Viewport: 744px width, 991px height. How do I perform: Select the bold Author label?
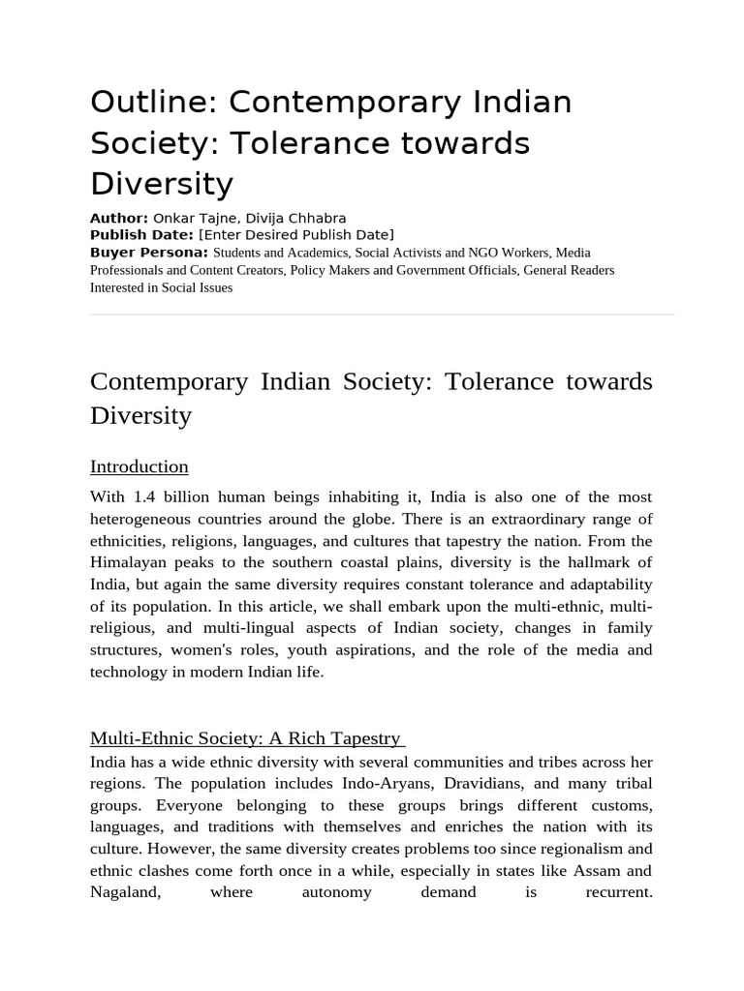pyautogui.click(x=118, y=218)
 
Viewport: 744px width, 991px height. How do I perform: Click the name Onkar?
pyautogui.click(x=174, y=218)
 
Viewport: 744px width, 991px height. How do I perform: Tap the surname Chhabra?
pyautogui.click(x=313, y=218)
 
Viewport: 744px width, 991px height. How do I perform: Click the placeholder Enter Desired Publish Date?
pyautogui.click(x=296, y=235)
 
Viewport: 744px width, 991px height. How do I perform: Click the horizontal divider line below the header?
pyautogui.click(x=382, y=315)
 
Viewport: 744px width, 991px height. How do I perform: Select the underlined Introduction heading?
pyautogui.click(x=139, y=466)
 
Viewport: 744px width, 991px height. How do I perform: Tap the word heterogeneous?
pyautogui.click(x=144, y=519)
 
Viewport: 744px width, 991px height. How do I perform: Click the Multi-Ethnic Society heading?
pyautogui.click(x=246, y=738)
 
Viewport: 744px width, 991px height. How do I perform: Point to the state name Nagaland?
pyautogui.click(x=125, y=891)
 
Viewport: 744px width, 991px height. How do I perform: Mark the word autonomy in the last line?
pyautogui.click(x=336, y=891)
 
